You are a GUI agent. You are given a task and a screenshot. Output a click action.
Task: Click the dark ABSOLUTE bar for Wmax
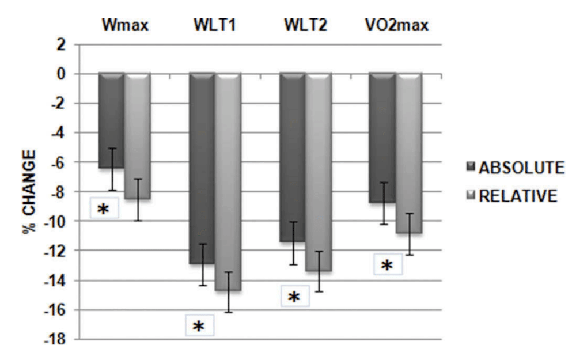point(111,121)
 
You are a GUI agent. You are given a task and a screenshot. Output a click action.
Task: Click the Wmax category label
point(123,26)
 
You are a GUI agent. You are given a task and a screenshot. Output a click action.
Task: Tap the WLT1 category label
point(214,26)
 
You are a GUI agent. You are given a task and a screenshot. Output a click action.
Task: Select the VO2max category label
point(395,26)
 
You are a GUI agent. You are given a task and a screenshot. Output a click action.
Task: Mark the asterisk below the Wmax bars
point(103,209)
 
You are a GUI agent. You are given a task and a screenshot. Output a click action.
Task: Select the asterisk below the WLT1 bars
point(198,327)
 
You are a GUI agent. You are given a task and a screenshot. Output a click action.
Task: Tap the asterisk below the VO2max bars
point(387,265)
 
